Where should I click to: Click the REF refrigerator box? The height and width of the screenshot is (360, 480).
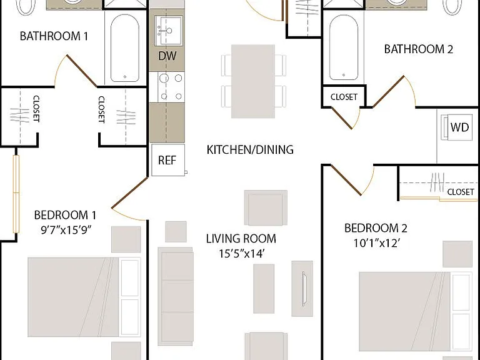pos(168,160)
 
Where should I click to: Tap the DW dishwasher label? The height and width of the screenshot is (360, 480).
pos(167,56)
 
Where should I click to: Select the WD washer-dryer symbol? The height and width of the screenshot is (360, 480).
pos(456,127)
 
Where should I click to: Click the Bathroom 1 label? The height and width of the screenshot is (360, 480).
pos(54,36)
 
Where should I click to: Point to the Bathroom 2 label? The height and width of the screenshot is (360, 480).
pos(419,49)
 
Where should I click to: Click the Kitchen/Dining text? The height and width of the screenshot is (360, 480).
pos(250,150)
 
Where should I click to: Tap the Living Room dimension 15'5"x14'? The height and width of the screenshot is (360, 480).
pos(241,254)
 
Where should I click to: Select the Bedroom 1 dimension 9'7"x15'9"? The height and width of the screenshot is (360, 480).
pos(66,230)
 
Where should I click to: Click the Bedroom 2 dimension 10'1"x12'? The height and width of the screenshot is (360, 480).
pos(377,243)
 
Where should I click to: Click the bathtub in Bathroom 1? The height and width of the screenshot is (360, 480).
pos(125,48)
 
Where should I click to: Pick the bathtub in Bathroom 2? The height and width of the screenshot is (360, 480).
pos(344,47)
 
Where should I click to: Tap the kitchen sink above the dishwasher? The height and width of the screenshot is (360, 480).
pos(168,31)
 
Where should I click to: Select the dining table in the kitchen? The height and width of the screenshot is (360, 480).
pos(253,81)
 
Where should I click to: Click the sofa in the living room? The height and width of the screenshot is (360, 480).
pos(176,296)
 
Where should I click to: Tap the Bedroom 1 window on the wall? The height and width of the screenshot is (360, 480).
pos(16,194)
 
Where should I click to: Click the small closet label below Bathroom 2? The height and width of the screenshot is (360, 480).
pos(344,97)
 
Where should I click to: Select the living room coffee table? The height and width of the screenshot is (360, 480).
pos(264,289)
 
